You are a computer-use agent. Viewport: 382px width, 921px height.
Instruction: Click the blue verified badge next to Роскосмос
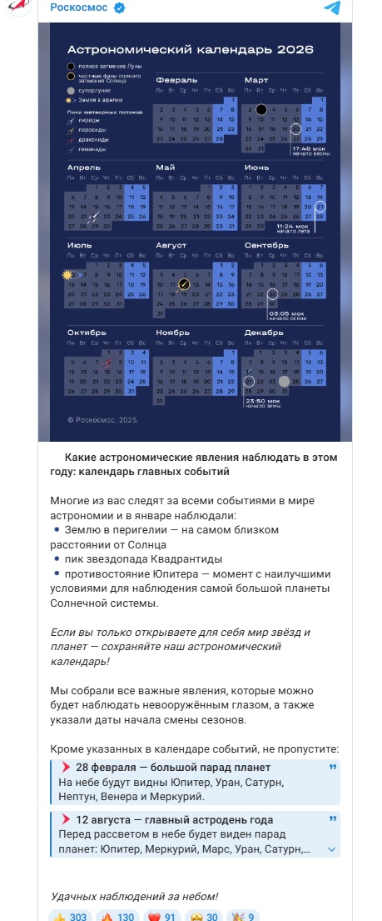[120, 8]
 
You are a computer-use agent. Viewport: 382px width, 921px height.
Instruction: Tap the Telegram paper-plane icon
[332, 8]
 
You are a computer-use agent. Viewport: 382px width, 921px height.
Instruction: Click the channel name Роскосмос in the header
[81, 8]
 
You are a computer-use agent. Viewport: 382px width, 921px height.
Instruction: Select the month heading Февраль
[171, 80]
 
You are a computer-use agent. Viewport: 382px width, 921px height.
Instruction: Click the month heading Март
[256, 80]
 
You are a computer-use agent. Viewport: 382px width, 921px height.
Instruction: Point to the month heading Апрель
[83, 168]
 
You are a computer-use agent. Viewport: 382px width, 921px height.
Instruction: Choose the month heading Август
[171, 245]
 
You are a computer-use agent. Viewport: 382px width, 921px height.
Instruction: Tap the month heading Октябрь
[87, 332]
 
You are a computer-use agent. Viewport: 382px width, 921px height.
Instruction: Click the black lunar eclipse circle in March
[261, 109]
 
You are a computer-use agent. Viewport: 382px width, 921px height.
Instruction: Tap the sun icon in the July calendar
[67, 274]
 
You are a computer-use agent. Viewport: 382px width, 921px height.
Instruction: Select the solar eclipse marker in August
[184, 284]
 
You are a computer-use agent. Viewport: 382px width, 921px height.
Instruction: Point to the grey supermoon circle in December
[285, 381]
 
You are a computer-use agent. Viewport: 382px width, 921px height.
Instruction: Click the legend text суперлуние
[94, 89]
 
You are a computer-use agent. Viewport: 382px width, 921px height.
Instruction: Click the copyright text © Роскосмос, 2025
[102, 419]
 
